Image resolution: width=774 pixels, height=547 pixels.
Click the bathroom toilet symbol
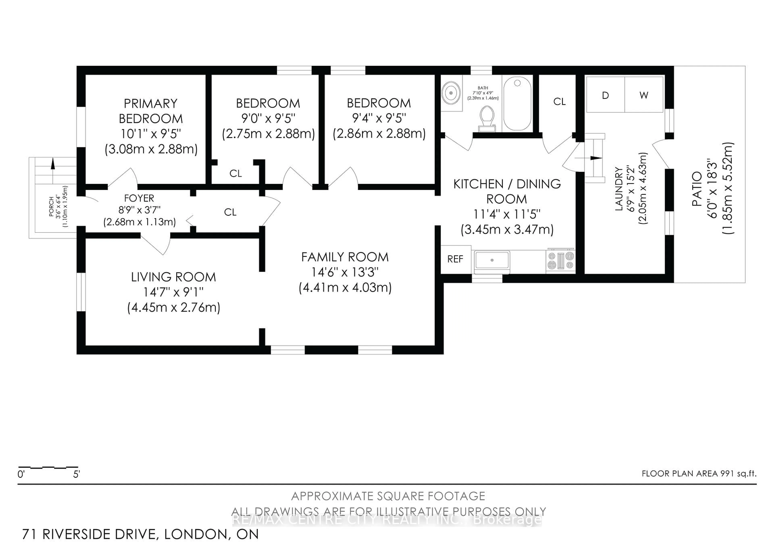point(486,118)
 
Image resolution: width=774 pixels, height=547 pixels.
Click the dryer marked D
point(605,95)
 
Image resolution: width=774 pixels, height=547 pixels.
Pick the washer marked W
point(644,95)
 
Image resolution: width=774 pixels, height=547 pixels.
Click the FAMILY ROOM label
point(345,257)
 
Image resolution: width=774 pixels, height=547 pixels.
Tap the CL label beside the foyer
point(230,212)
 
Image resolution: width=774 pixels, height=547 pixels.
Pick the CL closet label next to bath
point(559,101)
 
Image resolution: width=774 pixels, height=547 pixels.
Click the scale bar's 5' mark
point(77,474)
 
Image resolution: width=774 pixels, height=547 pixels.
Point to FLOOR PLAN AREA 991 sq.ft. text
point(699,473)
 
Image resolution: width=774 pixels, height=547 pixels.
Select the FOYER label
point(139,198)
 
